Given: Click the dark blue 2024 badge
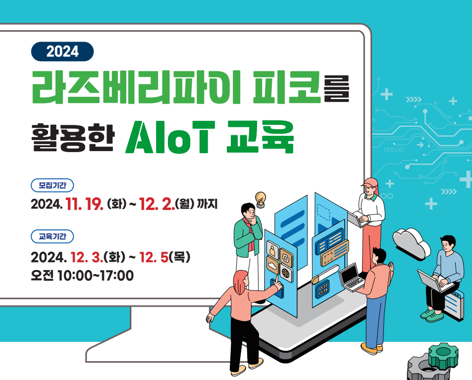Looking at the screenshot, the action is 62,52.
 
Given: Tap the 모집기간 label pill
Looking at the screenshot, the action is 52,185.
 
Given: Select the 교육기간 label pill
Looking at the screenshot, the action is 52,236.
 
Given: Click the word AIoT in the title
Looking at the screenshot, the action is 170,137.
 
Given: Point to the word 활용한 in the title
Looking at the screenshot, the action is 73,137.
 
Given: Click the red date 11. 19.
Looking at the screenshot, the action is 85,204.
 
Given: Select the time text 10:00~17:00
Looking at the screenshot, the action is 96,275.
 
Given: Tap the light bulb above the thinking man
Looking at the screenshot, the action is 261,199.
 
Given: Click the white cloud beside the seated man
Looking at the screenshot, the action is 412,243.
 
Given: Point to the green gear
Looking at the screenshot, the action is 443,356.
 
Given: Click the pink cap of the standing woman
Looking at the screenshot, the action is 370,182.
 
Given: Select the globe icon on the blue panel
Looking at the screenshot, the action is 286,273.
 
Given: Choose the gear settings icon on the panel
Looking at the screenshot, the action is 286,257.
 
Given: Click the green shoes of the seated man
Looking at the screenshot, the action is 432,315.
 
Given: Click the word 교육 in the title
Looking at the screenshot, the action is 260,137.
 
